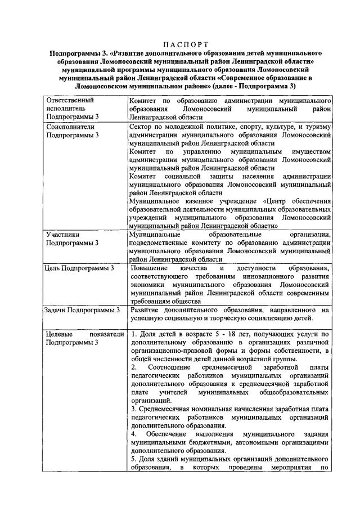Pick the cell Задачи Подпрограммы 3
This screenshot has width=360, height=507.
click(82, 310)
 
